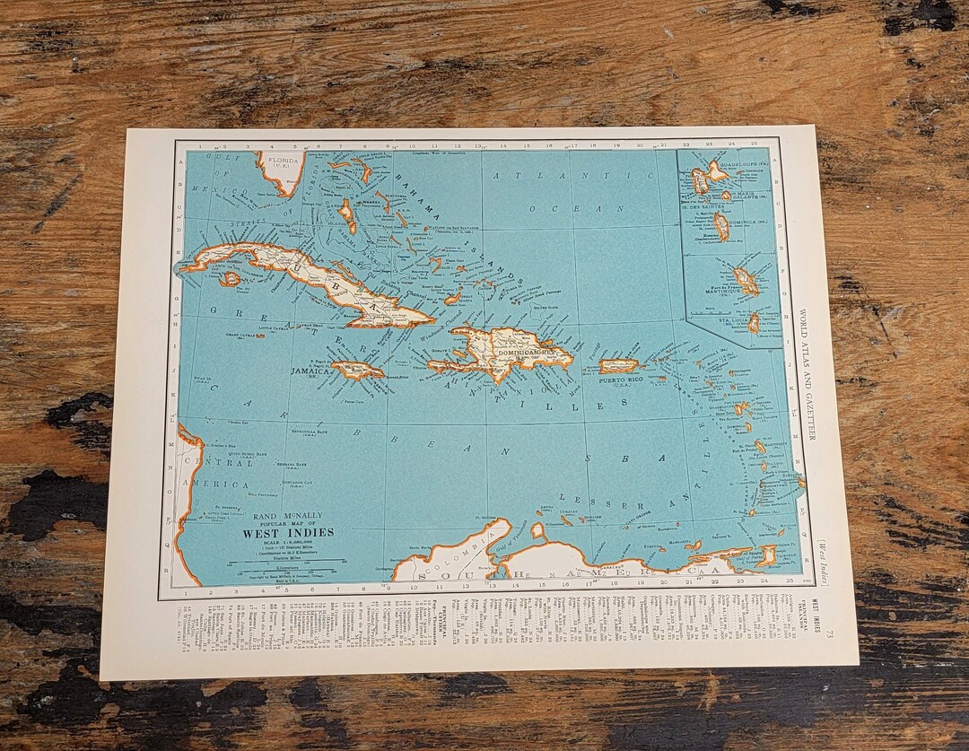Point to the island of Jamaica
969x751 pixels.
coord(357,370)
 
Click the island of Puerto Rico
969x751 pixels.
coord(618,366)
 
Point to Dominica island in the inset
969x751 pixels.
coord(720,225)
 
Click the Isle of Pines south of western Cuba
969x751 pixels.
coord(231,279)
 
